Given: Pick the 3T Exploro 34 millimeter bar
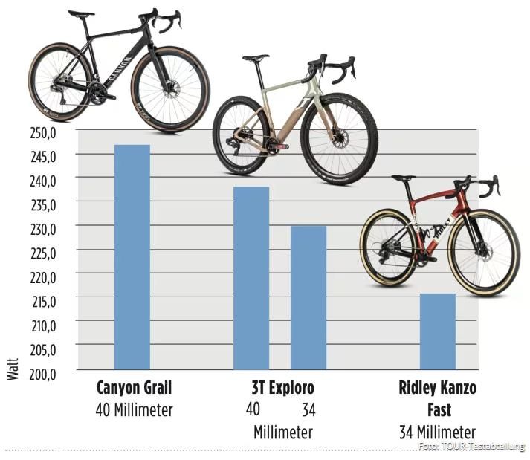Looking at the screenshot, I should [308, 297].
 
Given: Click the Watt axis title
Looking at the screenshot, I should [13, 369].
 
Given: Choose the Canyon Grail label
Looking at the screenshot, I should [134, 389].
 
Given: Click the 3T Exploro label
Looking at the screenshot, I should [282, 389].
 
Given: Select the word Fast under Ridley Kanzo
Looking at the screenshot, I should [437, 410].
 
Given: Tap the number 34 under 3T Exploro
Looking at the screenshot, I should [308, 409].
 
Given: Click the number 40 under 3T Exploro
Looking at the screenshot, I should [253, 409].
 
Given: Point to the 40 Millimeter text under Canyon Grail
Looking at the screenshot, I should [134, 409].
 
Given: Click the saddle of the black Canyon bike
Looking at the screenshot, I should [81, 13].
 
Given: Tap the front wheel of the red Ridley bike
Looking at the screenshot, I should [483, 253].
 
